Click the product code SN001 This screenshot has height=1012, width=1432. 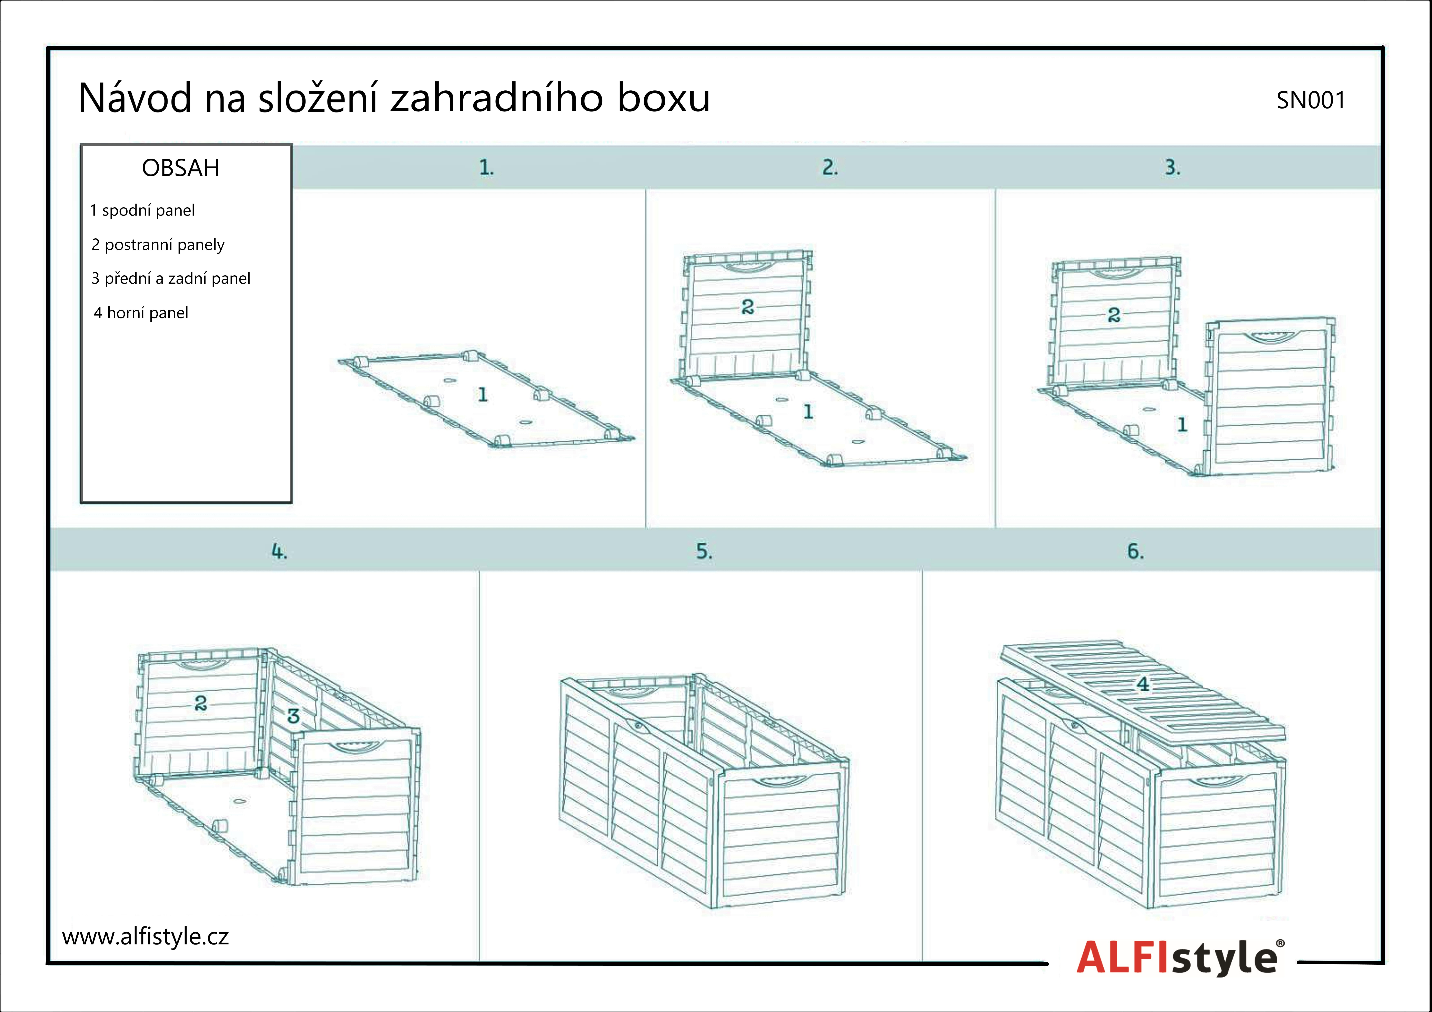(x=1310, y=100)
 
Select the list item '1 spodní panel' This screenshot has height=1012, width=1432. (x=142, y=210)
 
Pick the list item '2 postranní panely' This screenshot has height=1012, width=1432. (x=158, y=244)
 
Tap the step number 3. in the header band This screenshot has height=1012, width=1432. (x=1173, y=167)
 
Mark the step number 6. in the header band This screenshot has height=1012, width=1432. (x=1135, y=551)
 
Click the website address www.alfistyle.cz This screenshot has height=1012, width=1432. (x=145, y=936)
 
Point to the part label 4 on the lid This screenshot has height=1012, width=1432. (x=1143, y=684)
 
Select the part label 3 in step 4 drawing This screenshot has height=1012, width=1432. (x=293, y=716)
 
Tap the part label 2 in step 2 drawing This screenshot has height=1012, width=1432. (x=748, y=306)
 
